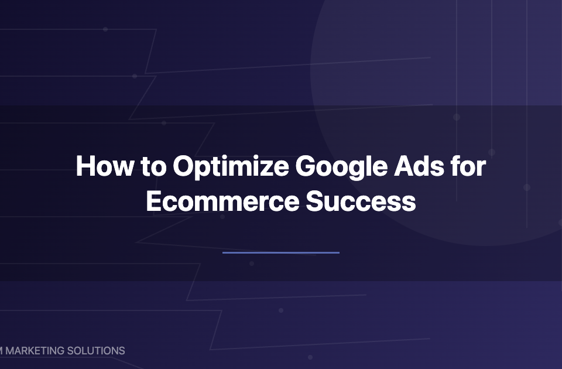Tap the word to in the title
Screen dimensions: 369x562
pos(152,167)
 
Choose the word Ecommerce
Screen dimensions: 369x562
pos(222,201)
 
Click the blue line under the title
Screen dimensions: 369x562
pos(281,252)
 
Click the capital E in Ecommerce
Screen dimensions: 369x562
pos(153,201)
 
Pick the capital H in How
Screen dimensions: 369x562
pos(85,167)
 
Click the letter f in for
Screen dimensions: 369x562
pos(457,166)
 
